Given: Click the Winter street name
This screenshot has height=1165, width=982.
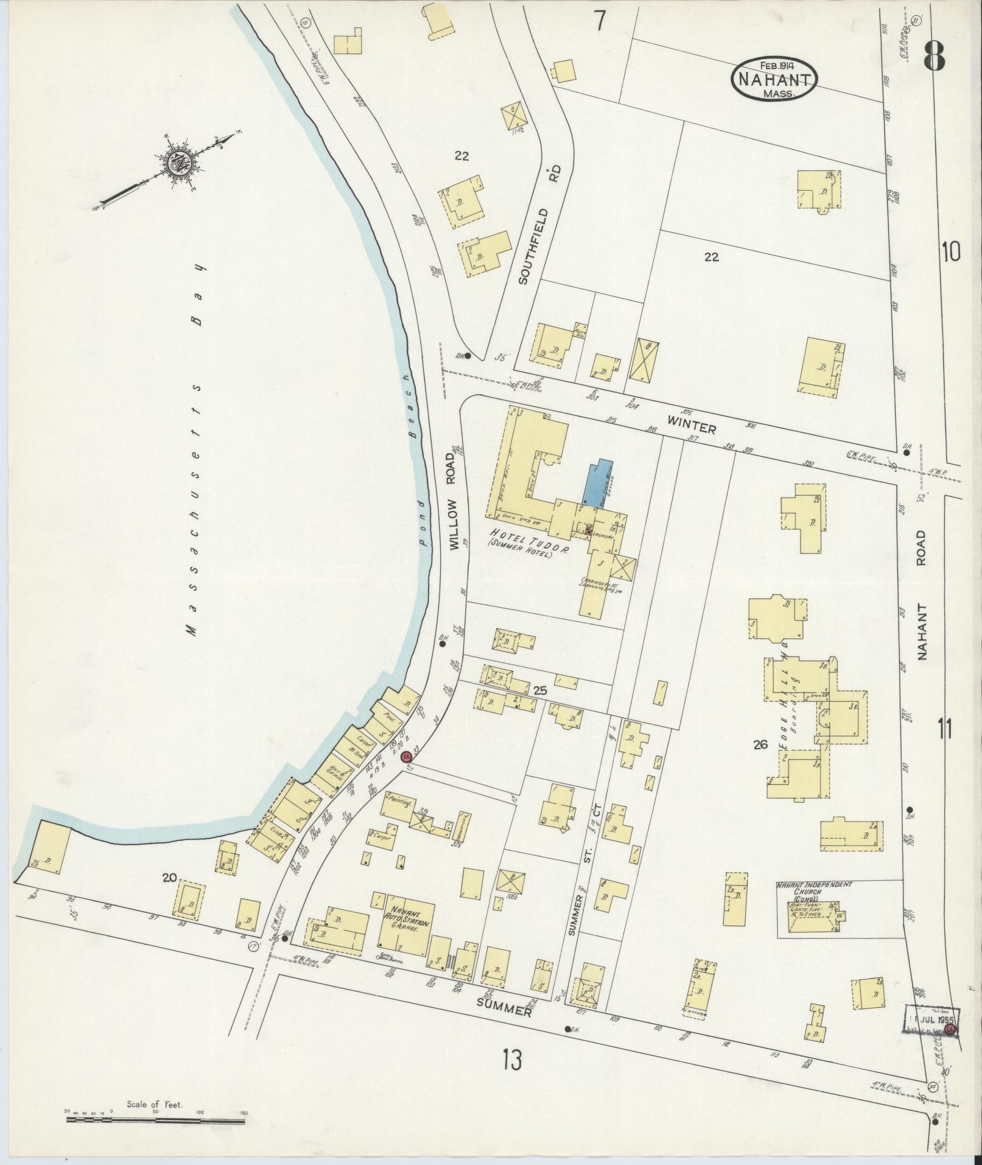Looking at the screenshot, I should (x=691, y=424).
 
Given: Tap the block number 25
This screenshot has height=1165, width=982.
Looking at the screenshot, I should (x=539, y=691).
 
